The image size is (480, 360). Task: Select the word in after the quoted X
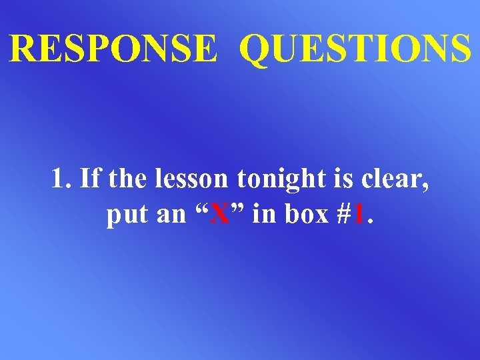261,215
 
